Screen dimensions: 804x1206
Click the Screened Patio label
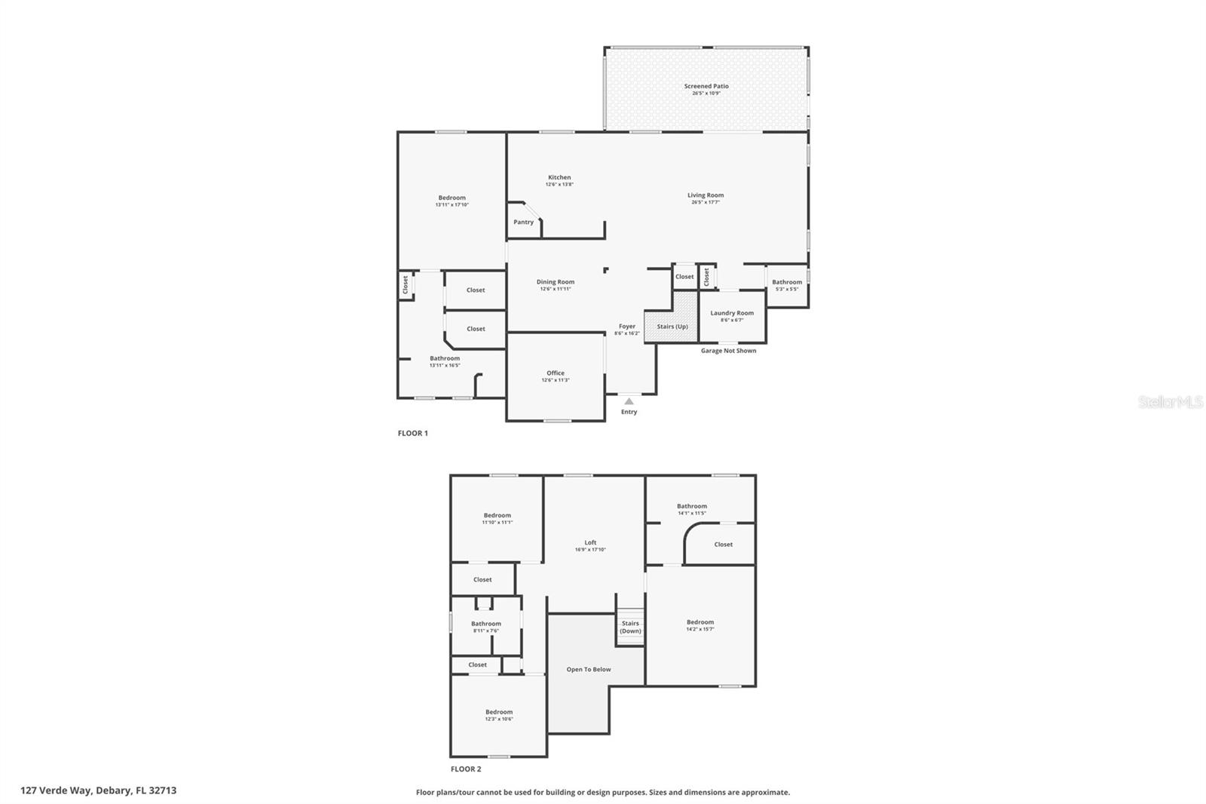pos(706,86)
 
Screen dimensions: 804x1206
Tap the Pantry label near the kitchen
pos(524,222)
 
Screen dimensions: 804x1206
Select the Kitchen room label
pos(559,177)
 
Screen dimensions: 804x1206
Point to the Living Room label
pos(706,195)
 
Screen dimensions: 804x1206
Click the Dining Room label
pos(556,282)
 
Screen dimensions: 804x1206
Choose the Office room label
pos(556,373)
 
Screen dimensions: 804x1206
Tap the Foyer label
pos(627,327)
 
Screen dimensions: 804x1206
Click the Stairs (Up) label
pos(672,327)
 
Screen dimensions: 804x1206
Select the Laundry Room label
pos(732,313)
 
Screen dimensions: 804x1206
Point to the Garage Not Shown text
pos(728,351)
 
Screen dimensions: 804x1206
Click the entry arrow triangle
pos(629,401)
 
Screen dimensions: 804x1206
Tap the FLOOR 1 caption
pos(413,434)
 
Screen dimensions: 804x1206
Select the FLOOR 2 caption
pos(466,769)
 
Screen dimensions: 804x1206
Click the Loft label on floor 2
pos(590,542)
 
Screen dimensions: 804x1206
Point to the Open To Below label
pos(589,670)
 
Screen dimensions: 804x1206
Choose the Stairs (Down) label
pos(630,627)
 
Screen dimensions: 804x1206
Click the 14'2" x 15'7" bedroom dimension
pos(700,629)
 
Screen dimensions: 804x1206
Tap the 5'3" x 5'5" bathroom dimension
pos(787,289)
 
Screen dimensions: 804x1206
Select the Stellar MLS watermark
pos(1171,403)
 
